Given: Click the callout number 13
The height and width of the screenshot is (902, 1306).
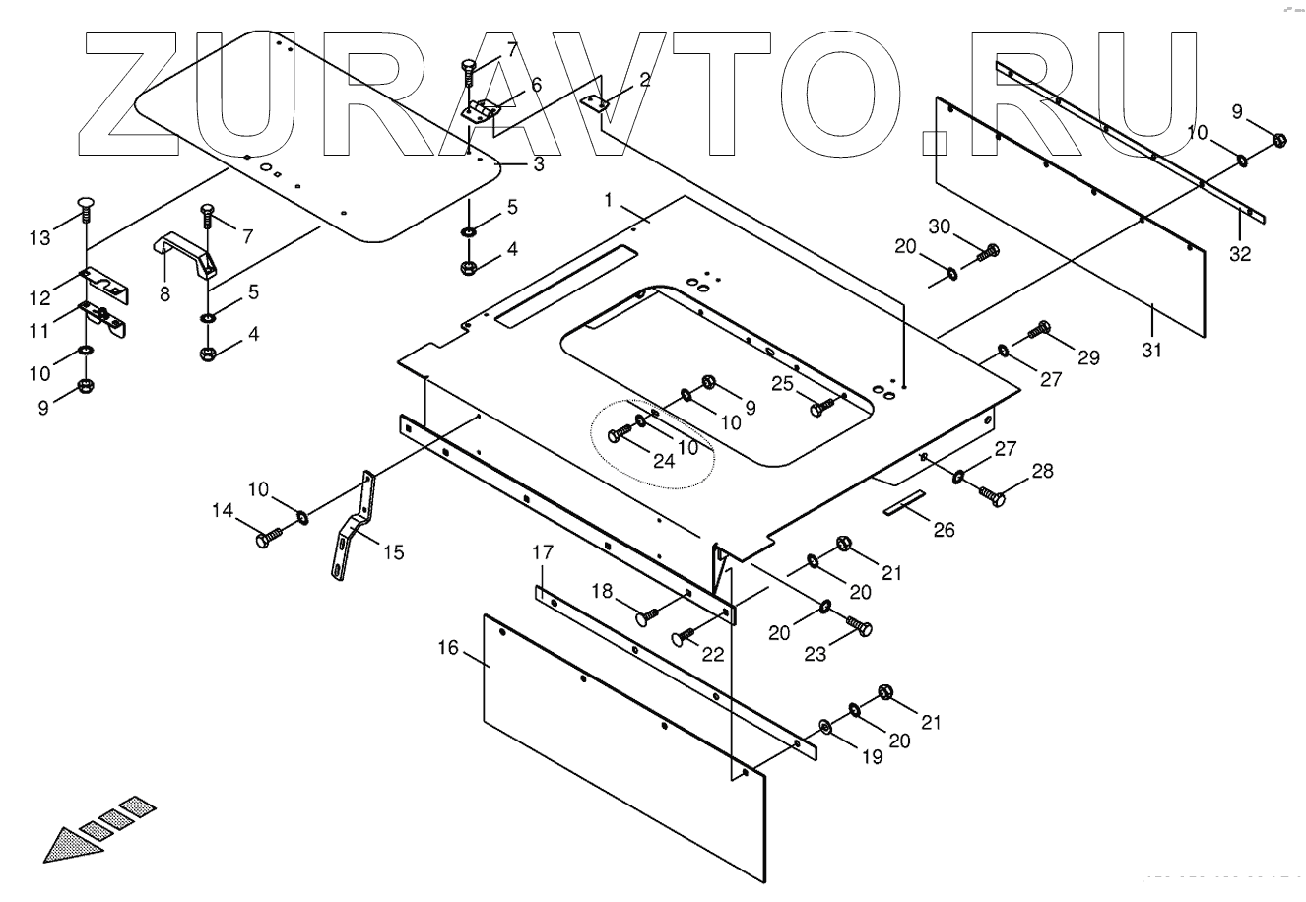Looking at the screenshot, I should tap(38, 238).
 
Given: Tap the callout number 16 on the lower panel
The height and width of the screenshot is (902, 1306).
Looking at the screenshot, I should tap(448, 648).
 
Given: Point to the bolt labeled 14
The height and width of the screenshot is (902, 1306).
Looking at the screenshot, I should tap(268, 538).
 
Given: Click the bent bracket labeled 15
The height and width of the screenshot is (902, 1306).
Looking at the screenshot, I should tap(354, 527).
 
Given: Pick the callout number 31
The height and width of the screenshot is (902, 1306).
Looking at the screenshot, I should tap(1152, 350).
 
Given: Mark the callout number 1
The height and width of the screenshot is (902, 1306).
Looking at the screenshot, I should tap(609, 200).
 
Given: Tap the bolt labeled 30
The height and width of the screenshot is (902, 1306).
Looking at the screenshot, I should tap(986, 253).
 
